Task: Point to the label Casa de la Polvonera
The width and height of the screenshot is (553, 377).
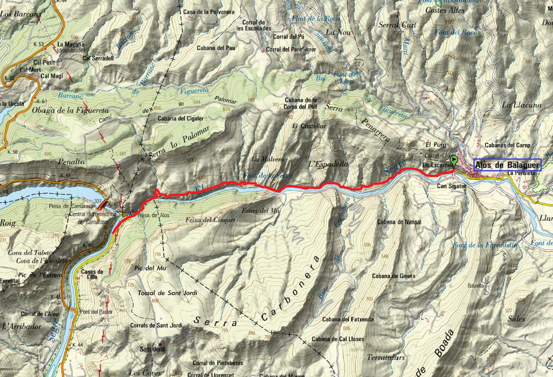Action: pyautogui.click(x=209, y=12)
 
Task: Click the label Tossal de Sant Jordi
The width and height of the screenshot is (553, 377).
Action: pyautogui.click(x=167, y=293)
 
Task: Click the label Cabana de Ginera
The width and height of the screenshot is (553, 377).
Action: pyautogui.click(x=393, y=276)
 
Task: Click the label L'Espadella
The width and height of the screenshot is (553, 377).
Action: pyautogui.click(x=329, y=164)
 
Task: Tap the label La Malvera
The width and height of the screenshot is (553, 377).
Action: pyautogui.click(x=267, y=159)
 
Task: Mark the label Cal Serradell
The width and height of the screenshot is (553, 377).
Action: pyautogui.click(x=98, y=58)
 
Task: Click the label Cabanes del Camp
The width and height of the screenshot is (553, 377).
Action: pyautogui.click(x=507, y=145)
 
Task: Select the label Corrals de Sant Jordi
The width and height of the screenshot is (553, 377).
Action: pyautogui.click(x=156, y=325)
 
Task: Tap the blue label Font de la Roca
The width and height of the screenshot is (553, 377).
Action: pyautogui.click(x=316, y=19)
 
